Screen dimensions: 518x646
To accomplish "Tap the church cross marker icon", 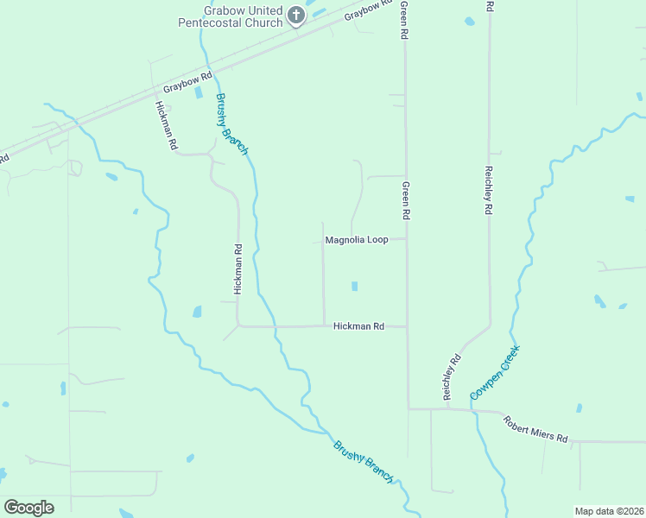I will [296, 15].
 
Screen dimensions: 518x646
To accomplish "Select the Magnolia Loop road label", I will [357, 239].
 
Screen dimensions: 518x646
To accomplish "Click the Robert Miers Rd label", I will [536, 426].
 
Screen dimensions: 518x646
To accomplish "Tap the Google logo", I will [28, 507].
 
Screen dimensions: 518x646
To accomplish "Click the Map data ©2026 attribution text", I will [609, 511].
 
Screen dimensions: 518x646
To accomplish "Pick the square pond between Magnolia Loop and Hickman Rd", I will [354, 286].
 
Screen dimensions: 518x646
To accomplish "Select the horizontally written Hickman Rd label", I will [358, 326].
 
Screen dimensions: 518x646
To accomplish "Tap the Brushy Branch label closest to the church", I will [231, 123].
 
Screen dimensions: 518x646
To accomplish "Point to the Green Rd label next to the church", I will [403, 20].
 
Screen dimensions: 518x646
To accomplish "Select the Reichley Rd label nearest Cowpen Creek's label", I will [451, 376].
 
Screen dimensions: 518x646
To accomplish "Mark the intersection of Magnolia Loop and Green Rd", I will [407, 239].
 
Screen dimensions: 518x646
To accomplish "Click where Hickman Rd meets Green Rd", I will [407, 326].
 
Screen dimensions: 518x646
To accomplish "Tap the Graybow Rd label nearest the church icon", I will [363, 11].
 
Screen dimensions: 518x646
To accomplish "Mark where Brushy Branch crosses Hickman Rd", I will [273, 326].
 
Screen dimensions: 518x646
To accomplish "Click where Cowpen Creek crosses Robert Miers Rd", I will [474, 411].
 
